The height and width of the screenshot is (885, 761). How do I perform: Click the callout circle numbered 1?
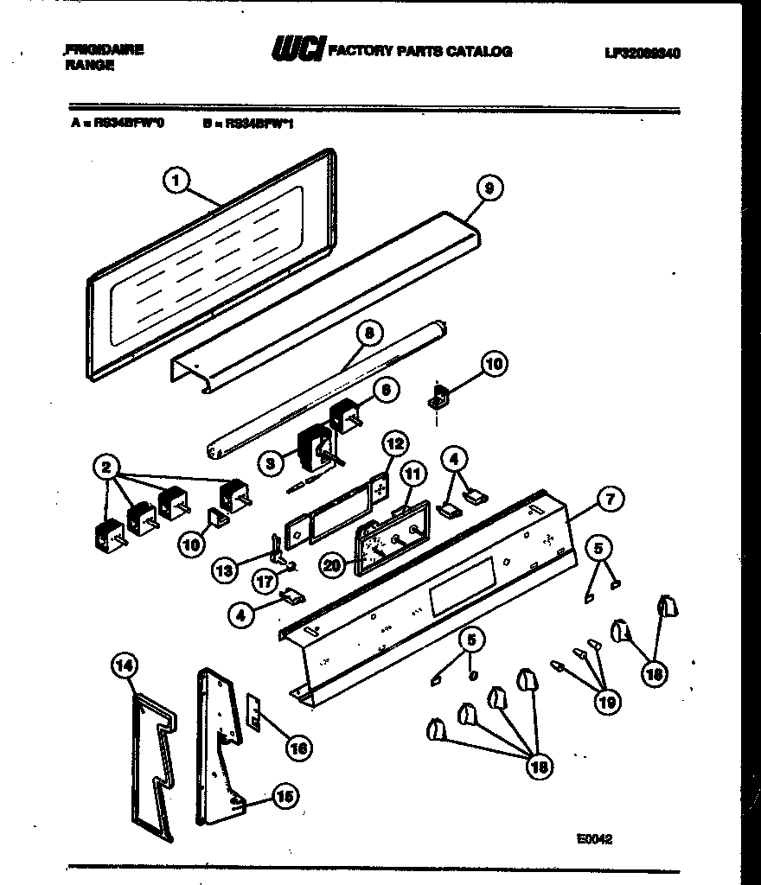[176, 181]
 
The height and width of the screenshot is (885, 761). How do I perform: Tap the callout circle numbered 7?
[611, 499]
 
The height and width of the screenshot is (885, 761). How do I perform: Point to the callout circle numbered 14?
[125, 665]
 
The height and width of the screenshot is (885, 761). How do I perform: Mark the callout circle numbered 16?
[299, 748]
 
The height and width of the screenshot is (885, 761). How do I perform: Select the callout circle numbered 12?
[393, 444]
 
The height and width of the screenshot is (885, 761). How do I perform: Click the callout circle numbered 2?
[107, 468]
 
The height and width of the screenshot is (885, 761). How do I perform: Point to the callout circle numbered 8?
[369, 332]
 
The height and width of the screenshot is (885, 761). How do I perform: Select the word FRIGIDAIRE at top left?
[104, 49]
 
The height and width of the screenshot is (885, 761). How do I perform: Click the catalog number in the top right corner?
[643, 52]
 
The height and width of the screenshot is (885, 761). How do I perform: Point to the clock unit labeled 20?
[385, 543]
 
